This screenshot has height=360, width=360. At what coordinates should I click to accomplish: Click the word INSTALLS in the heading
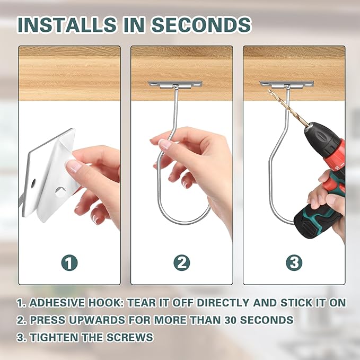tap(67, 24)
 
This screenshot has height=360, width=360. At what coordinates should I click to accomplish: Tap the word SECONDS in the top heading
tap(201, 24)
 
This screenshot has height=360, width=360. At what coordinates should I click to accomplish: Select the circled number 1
tap(69, 263)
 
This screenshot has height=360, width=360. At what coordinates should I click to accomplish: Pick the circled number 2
tap(182, 263)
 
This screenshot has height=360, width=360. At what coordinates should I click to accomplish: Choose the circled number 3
tap(294, 263)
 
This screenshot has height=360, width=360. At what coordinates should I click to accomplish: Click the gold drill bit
tap(288, 108)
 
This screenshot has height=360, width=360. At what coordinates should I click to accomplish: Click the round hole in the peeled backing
tap(60, 192)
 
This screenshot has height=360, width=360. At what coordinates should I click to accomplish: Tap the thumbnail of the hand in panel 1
tap(73, 166)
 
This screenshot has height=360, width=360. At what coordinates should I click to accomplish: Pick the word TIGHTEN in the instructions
tap(54, 337)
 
